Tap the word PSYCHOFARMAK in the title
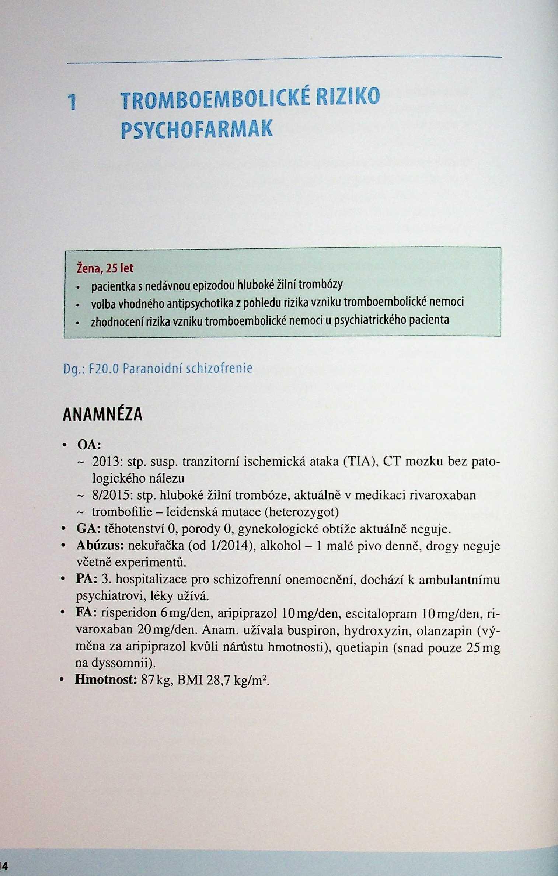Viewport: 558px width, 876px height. [197, 129]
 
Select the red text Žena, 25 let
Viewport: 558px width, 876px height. [105, 268]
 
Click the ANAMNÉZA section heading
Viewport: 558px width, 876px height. [102, 414]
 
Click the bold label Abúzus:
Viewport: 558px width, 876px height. [100, 546]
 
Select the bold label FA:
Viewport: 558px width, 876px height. [87, 613]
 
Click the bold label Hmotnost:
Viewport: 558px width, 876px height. [106, 679]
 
